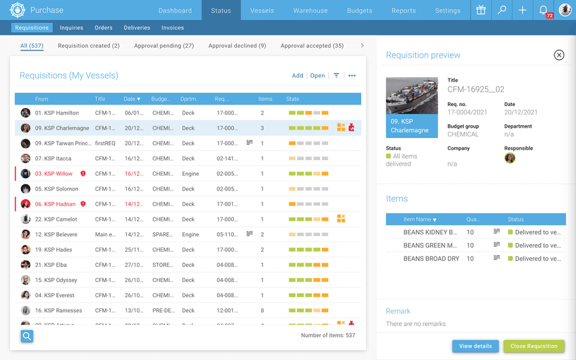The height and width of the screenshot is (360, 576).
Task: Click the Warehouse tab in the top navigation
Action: (310, 10)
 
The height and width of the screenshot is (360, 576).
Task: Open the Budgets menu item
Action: (359, 10)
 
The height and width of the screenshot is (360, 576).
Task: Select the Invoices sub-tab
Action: (173, 28)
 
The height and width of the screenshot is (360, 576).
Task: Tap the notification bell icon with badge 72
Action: (543, 10)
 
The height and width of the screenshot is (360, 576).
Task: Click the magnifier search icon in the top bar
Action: (502, 10)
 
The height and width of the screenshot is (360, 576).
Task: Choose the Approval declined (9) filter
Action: (237, 46)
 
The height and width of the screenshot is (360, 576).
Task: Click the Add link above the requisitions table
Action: (297, 76)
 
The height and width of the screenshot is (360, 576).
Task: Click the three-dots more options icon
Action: (352, 76)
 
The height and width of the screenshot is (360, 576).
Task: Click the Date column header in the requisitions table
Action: (132, 99)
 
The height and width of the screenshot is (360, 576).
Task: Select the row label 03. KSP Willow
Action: (54, 174)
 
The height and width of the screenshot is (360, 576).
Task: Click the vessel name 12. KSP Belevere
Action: (56, 234)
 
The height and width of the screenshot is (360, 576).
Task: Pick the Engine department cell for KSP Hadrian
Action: (190, 204)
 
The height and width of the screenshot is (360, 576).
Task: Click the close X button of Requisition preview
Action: (559, 55)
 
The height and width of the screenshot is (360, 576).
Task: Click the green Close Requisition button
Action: (533, 346)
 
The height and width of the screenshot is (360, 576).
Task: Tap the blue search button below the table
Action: (27, 336)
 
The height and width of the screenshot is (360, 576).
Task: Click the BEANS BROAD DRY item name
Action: (431, 259)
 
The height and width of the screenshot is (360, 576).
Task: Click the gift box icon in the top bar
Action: (481, 10)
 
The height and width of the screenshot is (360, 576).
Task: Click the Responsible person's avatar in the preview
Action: (510, 158)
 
